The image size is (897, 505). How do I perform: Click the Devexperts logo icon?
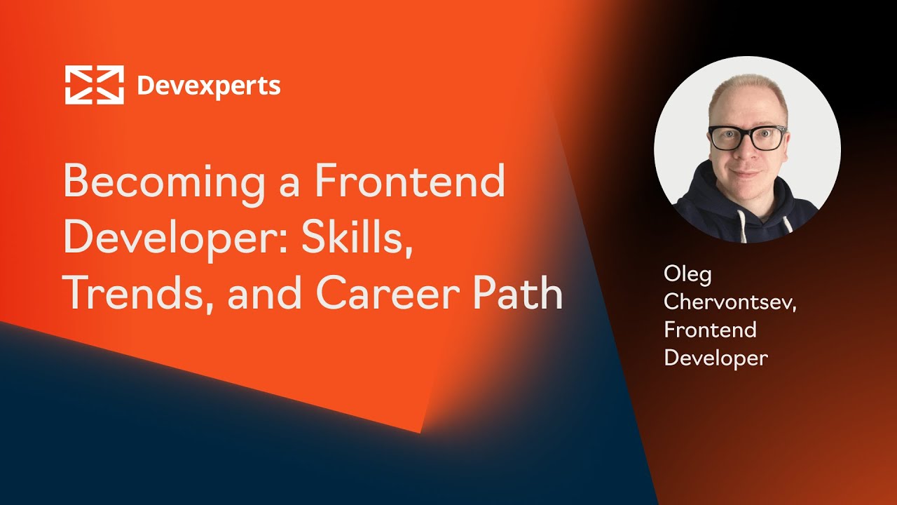pyautogui.click(x=95, y=85)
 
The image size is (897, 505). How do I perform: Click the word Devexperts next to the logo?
pyautogui.click(x=209, y=86)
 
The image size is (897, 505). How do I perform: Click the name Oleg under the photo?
pyautogui.click(x=687, y=275)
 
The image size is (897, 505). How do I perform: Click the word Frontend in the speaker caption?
pyautogui.click(x=710, y=330)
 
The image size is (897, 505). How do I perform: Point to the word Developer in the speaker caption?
pyautogui.click(x=715, y=358)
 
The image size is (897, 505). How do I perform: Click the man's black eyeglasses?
pyautogui.click(x=747, y=137)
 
